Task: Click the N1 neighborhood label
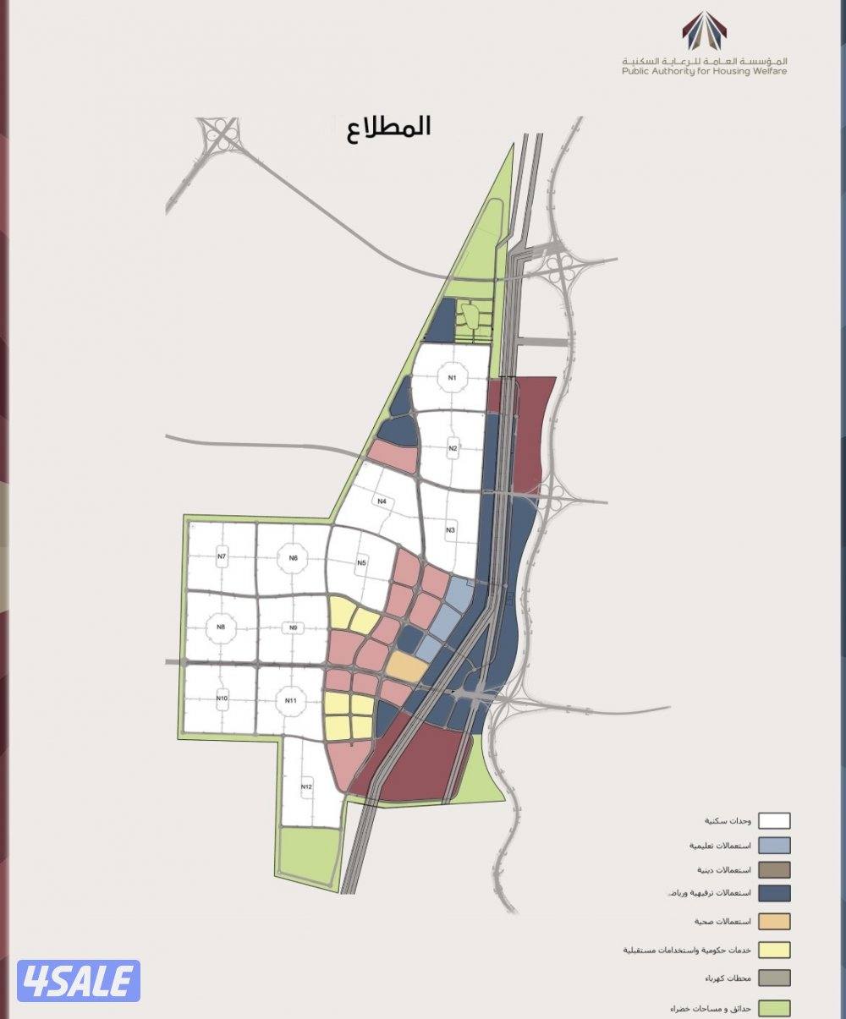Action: point(453,377)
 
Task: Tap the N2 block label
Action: point(453,447)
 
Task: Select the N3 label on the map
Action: point(451,529)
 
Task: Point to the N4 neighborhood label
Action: point(382,501)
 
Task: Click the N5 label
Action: point(361,562)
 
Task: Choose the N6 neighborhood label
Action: point(293,557)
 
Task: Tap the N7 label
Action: point(222,556)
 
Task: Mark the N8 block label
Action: point(221,627)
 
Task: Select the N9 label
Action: point(293,627)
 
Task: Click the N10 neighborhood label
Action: point(222,699)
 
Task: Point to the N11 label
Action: point(291,700)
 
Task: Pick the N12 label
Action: point(306,787)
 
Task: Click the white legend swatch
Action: point(774,820)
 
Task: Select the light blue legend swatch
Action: point(774,845)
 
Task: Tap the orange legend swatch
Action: point(774,921)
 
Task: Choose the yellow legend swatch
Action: point(774,950)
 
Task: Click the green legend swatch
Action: point(774,1008)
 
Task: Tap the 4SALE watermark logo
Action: point(79,981)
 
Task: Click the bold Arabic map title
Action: point(388,128)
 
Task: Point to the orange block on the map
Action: point(407,666)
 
